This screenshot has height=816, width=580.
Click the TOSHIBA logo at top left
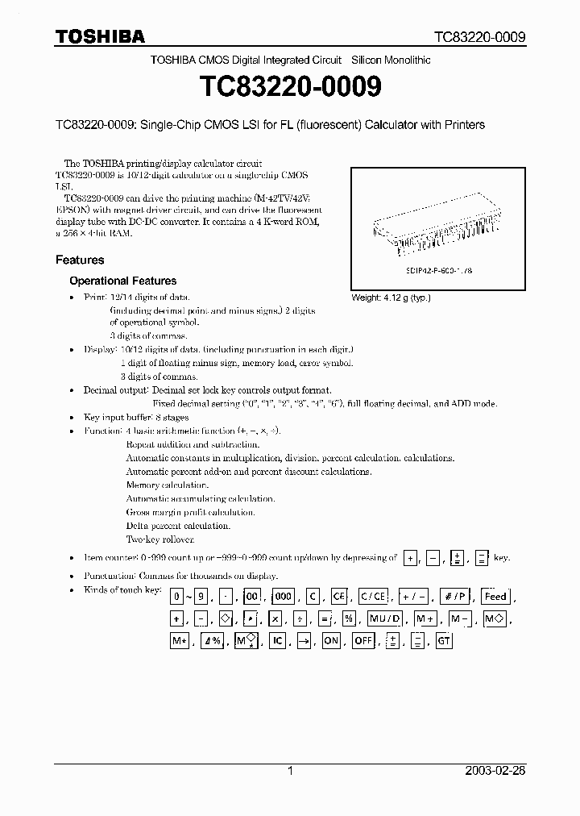100,36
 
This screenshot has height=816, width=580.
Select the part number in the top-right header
479,37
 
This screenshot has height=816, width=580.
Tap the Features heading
80,260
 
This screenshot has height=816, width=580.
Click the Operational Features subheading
122,281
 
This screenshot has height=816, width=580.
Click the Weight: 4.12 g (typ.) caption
391,298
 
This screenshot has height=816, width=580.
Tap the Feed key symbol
495,597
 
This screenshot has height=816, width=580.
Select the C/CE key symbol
373,597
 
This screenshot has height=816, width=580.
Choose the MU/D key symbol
385,619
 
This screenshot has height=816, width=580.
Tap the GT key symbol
444,642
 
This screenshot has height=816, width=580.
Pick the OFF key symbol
364,642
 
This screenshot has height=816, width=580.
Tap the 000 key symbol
284,597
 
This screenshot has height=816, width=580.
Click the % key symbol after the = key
349,619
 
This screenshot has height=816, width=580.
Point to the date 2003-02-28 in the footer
495,771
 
